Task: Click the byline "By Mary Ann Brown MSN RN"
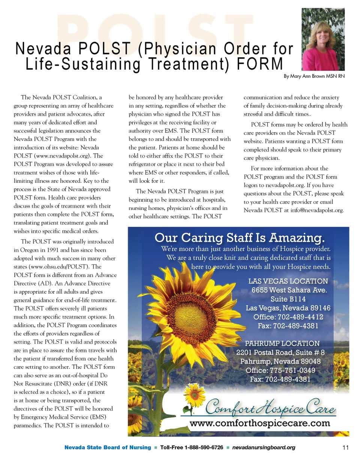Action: click(314, 76)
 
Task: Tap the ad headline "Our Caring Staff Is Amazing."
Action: click(239, 238)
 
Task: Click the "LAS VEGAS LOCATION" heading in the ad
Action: click(288, 281)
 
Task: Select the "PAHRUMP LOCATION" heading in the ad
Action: click(282, 343)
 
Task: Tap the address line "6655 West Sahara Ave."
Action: click(289, 290)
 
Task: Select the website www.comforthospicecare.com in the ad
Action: click(260, 424)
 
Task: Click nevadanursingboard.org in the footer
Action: click(264, 448)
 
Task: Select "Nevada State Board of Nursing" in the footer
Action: click(108, 448)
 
